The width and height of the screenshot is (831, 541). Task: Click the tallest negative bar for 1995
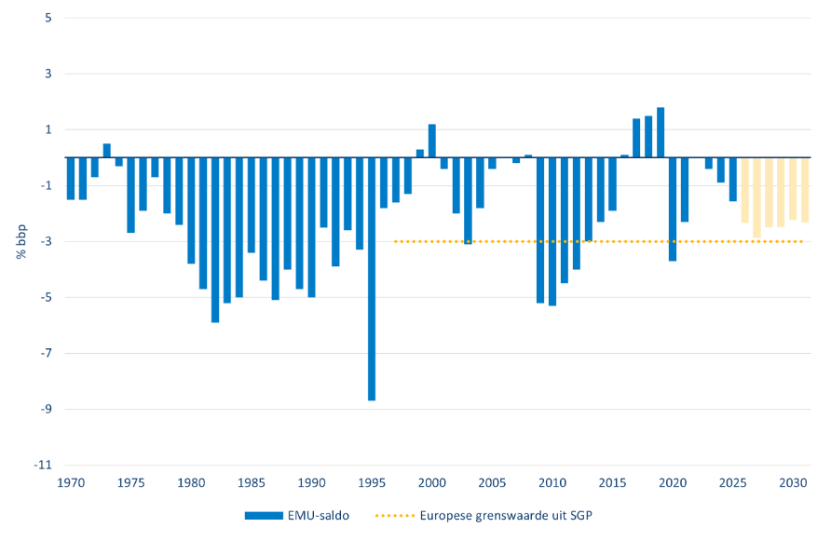(x=372, y=278)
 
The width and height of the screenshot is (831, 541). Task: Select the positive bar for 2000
(x=432, y=141)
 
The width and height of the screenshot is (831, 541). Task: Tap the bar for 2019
(x=661, y=132)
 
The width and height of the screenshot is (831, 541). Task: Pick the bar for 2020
(x=673, y=210)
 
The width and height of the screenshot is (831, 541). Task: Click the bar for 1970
(x=71, y=179)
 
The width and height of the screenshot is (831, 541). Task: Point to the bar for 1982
(x=215, y=240)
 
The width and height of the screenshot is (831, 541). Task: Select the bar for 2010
(x=552, y=232)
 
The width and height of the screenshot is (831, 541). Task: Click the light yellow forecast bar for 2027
(x=756, y=197)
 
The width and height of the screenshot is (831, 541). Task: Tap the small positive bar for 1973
(x=106, y=151)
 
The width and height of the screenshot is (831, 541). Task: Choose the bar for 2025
(x=733, y=179)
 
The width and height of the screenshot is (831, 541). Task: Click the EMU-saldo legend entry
(x=297, y=516)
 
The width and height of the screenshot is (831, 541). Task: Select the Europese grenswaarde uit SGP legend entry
(x=484, y=516)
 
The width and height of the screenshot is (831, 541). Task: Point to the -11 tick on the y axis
(x=43, y=466)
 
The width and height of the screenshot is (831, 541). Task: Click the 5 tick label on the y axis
(x=48, y=18)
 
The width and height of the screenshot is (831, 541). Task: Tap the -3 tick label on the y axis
(x=46, y=241)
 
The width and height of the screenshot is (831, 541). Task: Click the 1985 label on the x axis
(x=252, y=482)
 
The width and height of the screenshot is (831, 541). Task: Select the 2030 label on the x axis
(x=793, y=482)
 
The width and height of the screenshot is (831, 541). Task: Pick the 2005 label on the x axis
(x=492, y=482)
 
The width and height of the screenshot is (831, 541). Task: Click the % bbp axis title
(x=21, y=241)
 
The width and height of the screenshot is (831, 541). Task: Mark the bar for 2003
(x=468, y=201)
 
